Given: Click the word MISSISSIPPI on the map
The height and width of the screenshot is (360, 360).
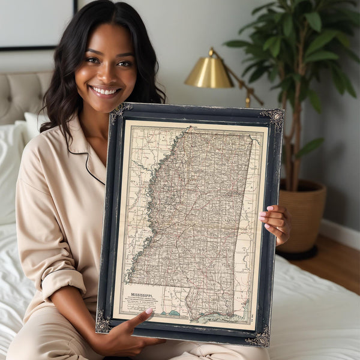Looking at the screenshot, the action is tap(142, 296).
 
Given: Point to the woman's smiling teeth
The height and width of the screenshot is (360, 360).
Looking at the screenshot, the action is tap(106, 91).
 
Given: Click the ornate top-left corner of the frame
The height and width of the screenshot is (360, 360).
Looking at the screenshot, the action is tap(120, 112).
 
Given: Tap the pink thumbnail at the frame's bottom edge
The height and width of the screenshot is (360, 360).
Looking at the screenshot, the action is tap(149, 311).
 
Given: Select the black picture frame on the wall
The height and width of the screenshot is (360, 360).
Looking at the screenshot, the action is tap(36, 24).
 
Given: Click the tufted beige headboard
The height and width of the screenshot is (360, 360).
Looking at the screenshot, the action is tap(24, 96).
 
